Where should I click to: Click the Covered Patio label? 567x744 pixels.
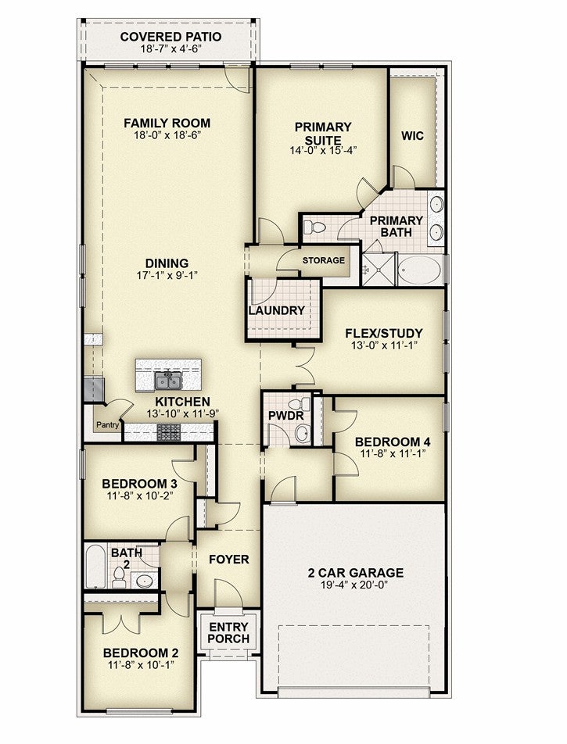pos(170,37)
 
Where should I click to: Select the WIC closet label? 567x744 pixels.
pos(412,136)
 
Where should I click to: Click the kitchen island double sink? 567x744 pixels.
pos(168,381)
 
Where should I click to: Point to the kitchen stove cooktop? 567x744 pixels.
pos(169,432)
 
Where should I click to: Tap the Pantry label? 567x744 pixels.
pos(108,425)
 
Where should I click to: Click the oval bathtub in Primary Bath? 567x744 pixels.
pos(419,270)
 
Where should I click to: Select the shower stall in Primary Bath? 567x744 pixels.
pos(379,269)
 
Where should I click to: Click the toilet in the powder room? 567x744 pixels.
pos(299,405)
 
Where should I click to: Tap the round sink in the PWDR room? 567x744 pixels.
pos(302,433)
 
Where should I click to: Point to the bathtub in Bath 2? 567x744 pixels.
pos(95,566)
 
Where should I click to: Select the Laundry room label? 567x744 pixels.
pos(276,311)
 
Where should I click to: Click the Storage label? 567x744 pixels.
pos(324,260)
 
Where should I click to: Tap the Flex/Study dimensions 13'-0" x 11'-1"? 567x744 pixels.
pos(384,345)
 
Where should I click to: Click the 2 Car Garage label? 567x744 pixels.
pos(356,573)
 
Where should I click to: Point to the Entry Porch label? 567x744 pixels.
pos(228,633)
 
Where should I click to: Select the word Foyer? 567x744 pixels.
pos(229,560)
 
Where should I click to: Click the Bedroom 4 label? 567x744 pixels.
pos(393,442)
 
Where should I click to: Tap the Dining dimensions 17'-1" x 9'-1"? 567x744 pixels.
pos(167,275)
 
